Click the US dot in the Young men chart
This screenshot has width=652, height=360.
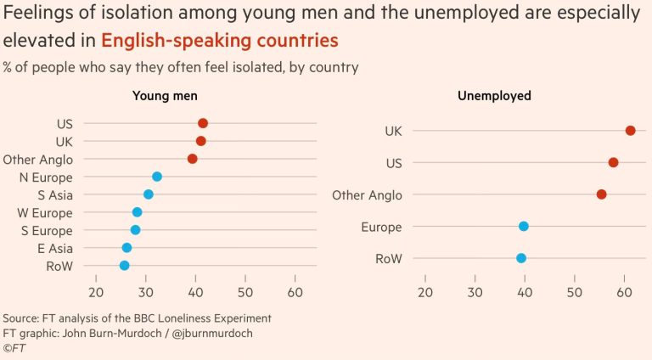tap(203, 123)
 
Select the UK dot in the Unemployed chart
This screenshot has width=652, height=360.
tap(630, 130)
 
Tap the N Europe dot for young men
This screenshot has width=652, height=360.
tap(157, 177)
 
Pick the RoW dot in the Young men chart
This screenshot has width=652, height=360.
tap(124, 266)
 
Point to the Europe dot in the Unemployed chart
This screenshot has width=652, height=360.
tap(524, 226)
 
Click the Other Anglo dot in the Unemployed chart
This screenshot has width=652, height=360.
tap(602, 194)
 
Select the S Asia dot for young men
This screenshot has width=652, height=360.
tap(149, 194)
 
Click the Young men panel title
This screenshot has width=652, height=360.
tap(165, 96)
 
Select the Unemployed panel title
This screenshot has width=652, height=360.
tap(494, 96)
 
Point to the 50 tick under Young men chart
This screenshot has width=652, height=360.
tap(245, 292)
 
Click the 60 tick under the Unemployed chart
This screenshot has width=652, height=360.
tap(625, 292)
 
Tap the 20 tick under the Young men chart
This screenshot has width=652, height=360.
tap(96, 292)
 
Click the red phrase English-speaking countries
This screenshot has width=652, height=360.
tap(219, 41)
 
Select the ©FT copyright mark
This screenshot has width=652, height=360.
tap(14, 348)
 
